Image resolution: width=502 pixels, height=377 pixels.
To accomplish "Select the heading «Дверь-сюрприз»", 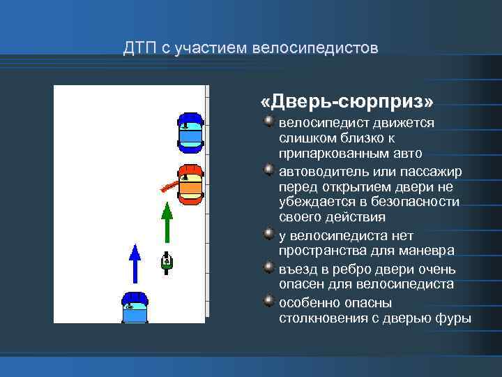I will coord(347,103).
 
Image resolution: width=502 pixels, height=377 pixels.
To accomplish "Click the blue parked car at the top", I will coord(190,133).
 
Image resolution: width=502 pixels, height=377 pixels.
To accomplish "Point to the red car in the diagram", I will coord(190,184).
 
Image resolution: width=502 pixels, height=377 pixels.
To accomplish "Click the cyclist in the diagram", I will coord(167,260).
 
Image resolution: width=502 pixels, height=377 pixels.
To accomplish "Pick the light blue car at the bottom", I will coord(135,308).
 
